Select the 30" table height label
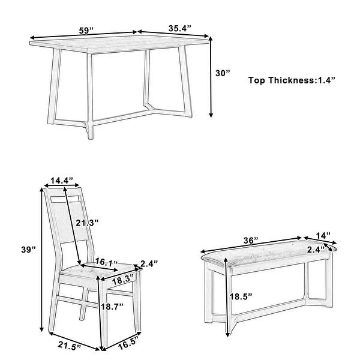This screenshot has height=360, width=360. point(223,73)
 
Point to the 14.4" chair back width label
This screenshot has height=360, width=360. point(61,180)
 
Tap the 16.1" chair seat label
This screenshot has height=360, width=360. point(106,262)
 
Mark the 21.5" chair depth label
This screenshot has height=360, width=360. point(68,346)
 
